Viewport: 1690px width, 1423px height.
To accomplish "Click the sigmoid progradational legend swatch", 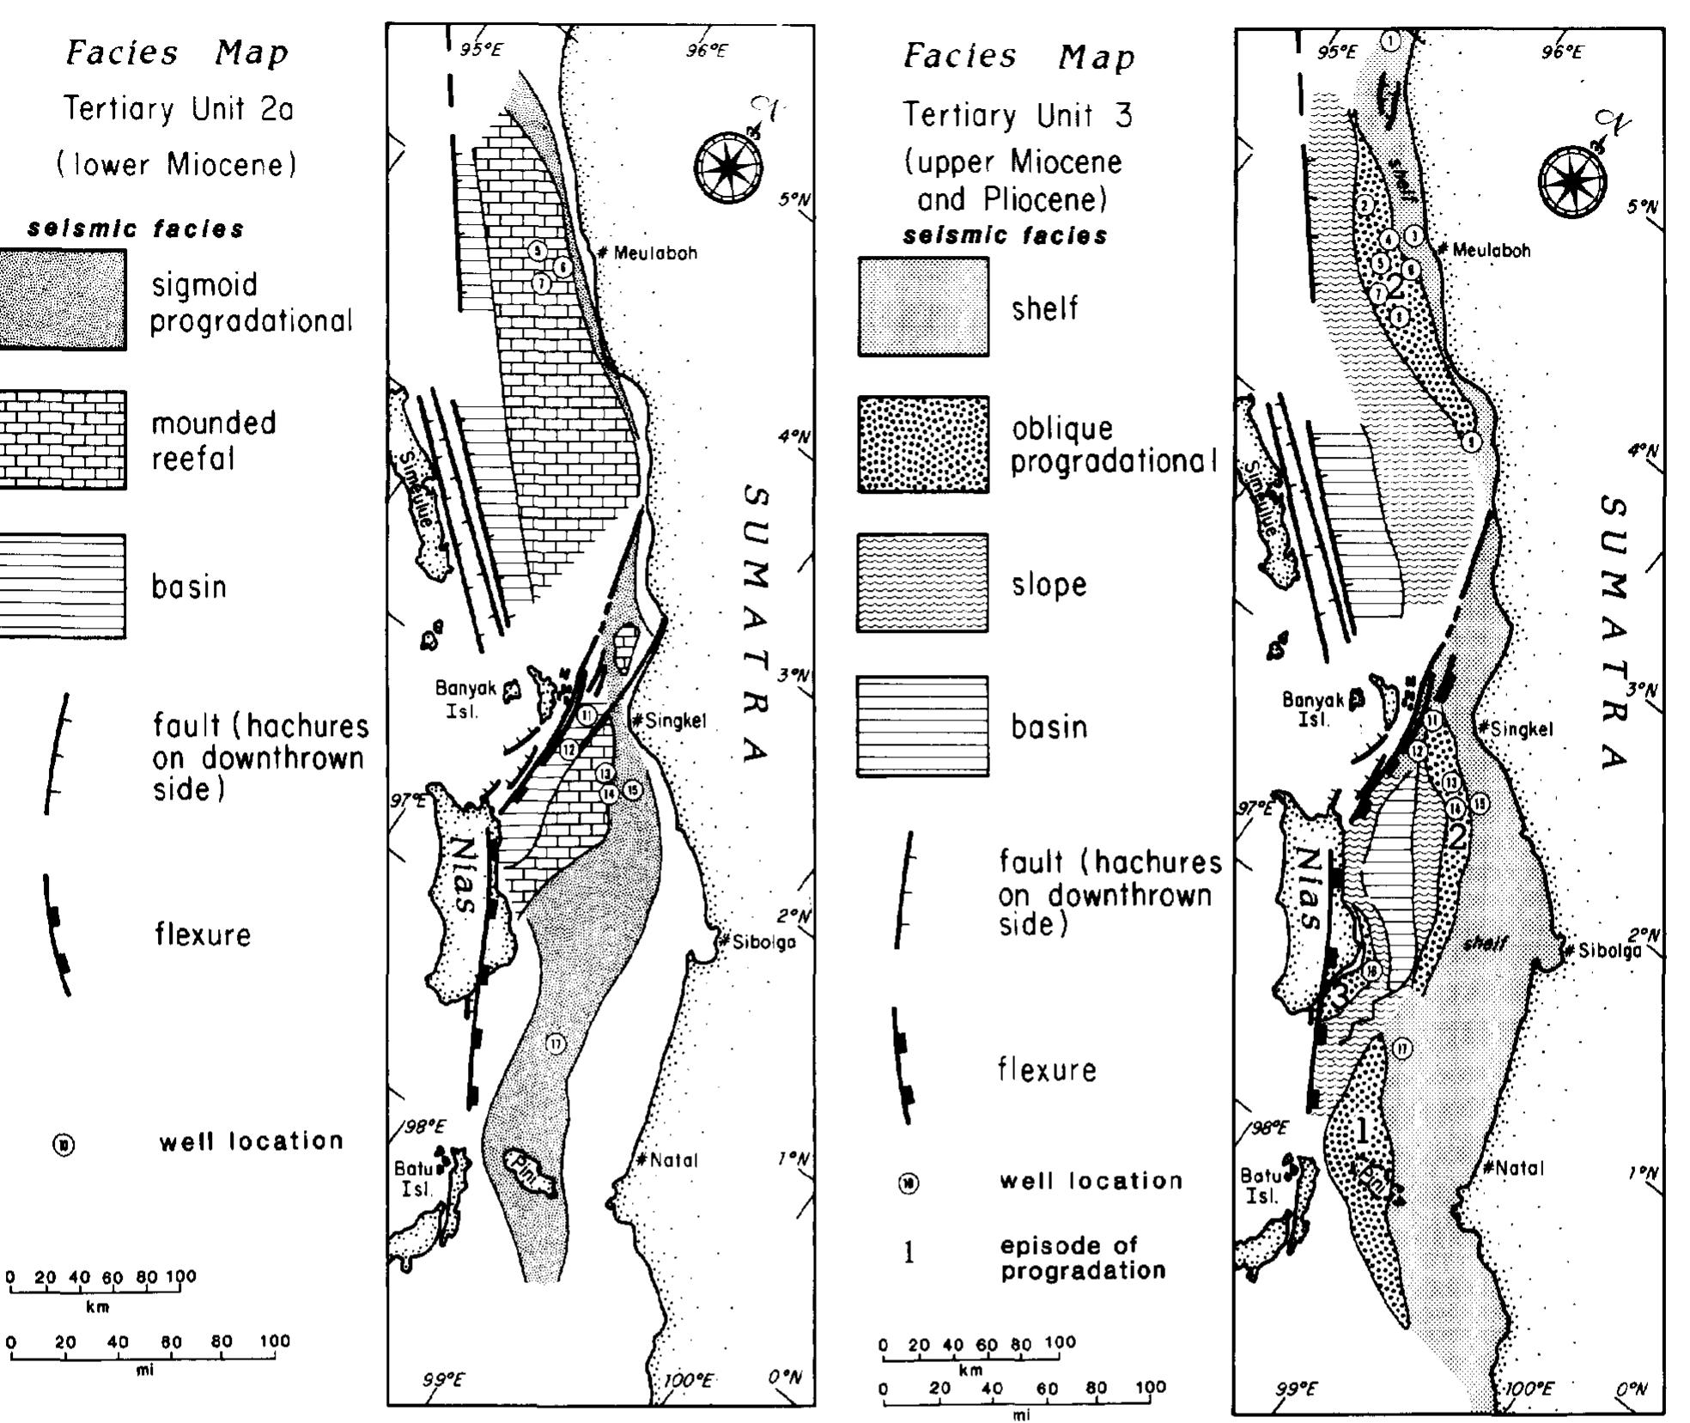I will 62,300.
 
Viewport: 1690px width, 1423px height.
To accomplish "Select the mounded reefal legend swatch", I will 62,440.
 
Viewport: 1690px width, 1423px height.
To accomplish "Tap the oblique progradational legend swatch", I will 922,444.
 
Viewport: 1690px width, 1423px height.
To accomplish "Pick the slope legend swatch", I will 922,582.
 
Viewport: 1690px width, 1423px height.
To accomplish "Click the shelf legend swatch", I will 922,307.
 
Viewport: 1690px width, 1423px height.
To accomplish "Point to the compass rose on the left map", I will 728,167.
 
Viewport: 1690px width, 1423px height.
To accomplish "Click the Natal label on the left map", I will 673,1160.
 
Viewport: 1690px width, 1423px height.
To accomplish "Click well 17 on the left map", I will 556,1043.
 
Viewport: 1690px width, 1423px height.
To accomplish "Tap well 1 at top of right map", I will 1392,40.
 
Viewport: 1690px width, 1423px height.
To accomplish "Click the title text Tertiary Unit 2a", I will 179,109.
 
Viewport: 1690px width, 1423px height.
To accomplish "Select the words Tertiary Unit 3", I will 1017,115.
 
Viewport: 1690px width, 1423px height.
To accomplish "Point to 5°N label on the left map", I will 793,199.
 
